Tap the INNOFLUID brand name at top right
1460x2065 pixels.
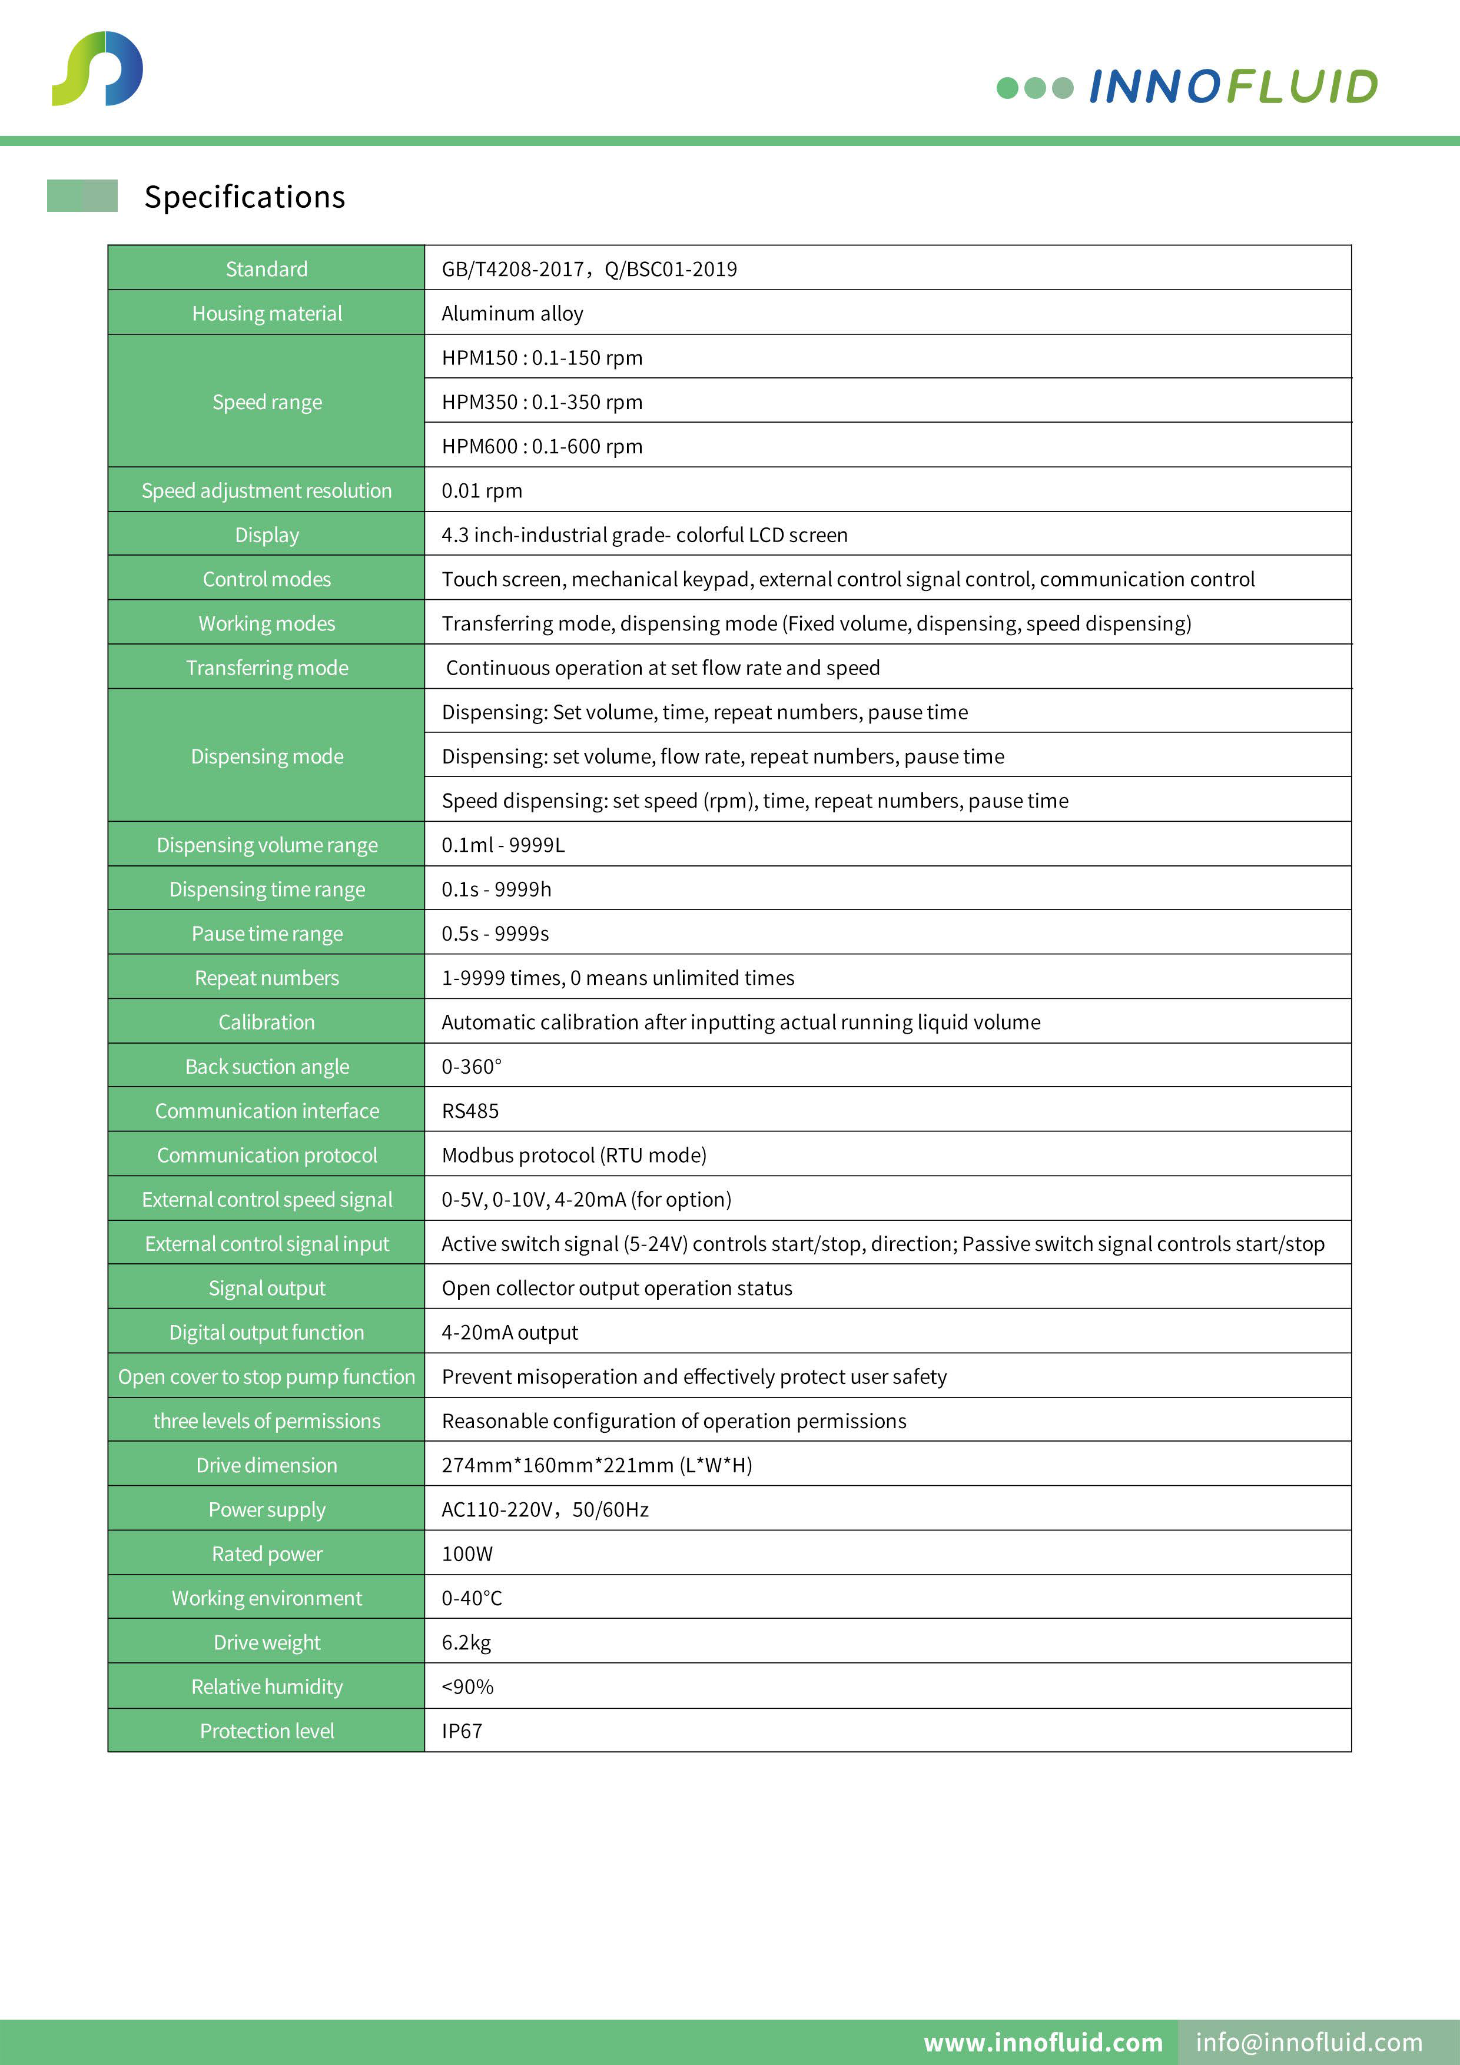[1232, 87]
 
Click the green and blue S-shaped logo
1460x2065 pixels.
[97, 68]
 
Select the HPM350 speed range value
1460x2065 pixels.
[542, 402]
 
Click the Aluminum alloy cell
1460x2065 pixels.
[512, 314]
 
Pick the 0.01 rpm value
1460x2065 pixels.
[481, 491]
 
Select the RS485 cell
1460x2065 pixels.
[470, 1111]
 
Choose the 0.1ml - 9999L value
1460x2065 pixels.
[503, 845]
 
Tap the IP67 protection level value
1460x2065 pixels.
[462, 1731]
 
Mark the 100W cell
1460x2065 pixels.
[467, 1554]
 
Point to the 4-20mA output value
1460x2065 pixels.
[509, 1333]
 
